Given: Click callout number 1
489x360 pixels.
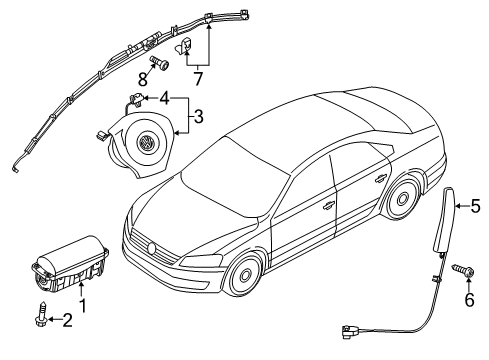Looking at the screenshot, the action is pos(82,306).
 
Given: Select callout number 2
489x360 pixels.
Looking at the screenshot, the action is pos(67,320).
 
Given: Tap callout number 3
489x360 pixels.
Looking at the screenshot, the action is pos(198,117).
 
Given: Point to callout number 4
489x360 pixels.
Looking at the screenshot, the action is pos(164,98).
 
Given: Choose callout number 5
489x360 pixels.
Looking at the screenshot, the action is pos(476,206).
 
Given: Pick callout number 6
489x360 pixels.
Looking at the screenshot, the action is pos(469,300).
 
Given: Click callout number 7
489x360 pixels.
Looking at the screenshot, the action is pos(198,79).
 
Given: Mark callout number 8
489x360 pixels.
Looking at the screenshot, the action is pos(143,80).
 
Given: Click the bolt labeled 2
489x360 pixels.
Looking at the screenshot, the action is pos(42,313).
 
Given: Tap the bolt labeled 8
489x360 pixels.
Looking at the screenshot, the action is pos(160,63).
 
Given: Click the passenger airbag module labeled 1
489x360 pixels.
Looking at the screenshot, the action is pos(69,264).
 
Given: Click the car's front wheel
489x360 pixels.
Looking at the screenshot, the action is pos(246,275).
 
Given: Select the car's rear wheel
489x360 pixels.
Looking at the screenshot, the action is pos(402,198).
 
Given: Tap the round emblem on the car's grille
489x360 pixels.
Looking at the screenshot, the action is pos(152,248).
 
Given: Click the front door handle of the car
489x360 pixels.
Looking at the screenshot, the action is pos(328,206).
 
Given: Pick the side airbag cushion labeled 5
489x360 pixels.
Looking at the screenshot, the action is pos(444,221).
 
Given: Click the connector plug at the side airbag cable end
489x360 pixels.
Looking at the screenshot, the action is pos(348,332).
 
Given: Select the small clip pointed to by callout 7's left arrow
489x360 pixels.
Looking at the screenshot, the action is pos(184,46).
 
